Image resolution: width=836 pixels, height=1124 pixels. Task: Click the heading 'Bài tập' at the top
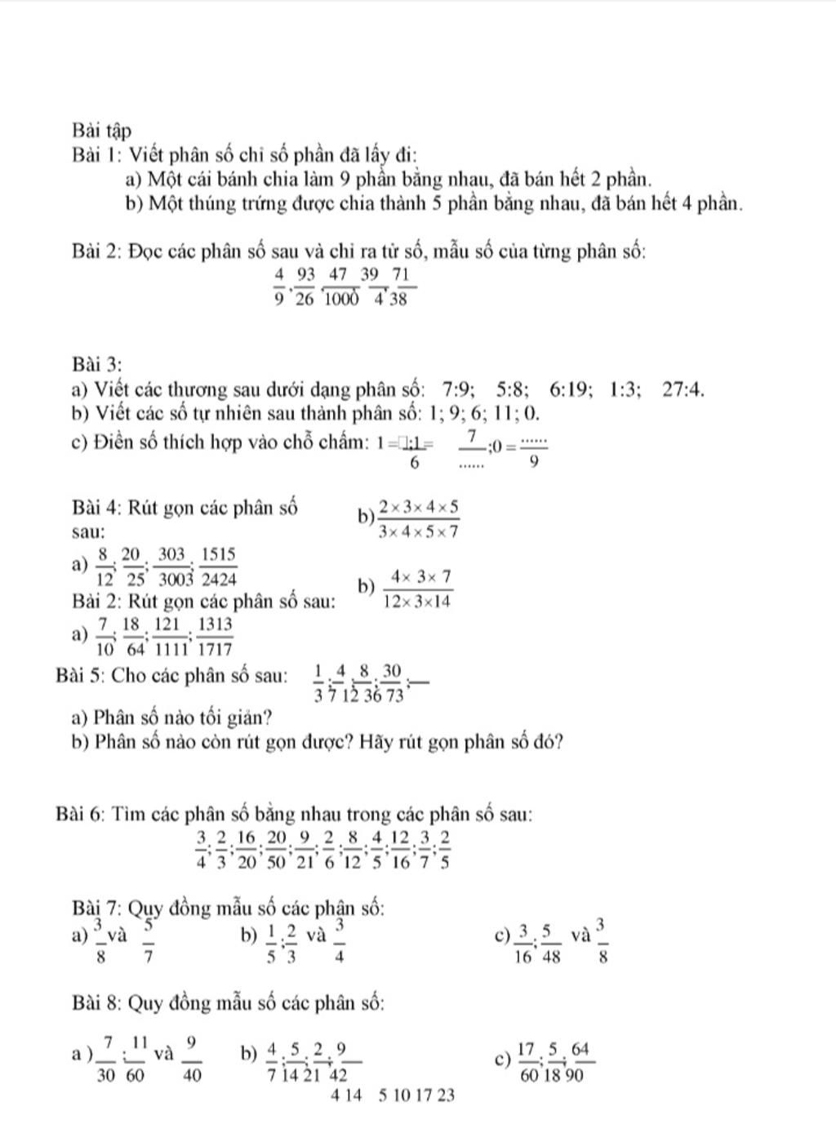click(101, 131)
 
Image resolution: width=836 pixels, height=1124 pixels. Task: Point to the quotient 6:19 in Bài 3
click(570, 389)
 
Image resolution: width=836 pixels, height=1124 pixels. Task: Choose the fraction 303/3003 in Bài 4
click(171, 566)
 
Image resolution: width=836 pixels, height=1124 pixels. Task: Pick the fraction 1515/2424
click(218, 566)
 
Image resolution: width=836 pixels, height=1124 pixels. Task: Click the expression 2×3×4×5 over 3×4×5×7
click(419, 519)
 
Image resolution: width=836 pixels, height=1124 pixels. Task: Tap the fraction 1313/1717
click(215, 637)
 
